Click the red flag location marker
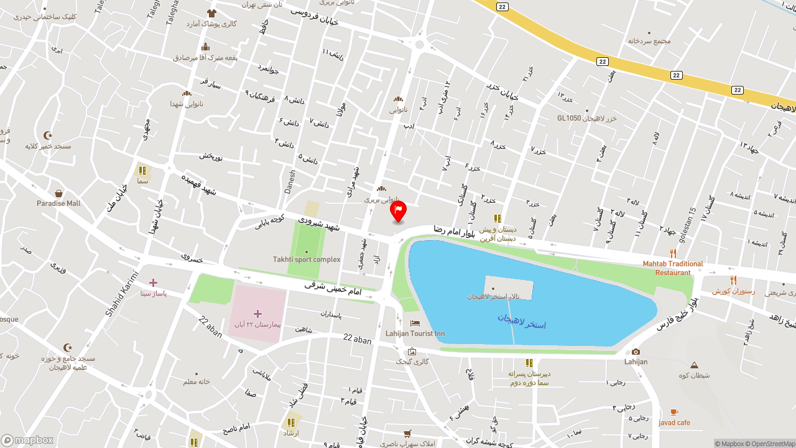click(x=398, y=210)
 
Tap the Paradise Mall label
click(x=58, y=203)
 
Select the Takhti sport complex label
click(x=307, y=259)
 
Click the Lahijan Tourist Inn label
click(x=415, y=334)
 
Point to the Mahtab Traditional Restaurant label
click(x=673, y=268)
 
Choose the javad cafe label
click(x=674, y=423)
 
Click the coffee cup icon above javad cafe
click(x=674, y=412)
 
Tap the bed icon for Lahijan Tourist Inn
click(x=415, y=323)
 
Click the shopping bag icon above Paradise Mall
click(x=58, y=194)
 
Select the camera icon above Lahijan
click(x=636, y=352)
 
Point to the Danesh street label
click(x=290, y=182)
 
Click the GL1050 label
click(x=568, y=118)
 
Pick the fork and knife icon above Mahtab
click(x=673, y=253)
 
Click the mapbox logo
click(x=27, y=440)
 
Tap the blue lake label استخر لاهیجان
click(x=521, y=321)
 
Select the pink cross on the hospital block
click(x=257, y=314)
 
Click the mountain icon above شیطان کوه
click(x=694, y=365)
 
